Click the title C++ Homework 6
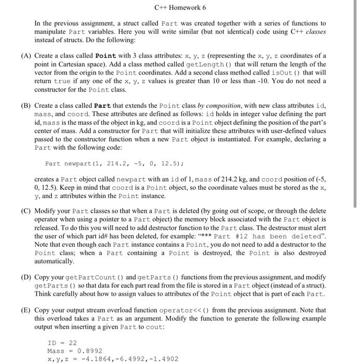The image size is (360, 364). tap(180, 8)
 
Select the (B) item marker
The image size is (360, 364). tap(25, 106)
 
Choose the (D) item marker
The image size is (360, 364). tap(25, 277)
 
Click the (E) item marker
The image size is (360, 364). tap(25, 310)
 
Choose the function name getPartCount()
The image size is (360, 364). tap(82, 277)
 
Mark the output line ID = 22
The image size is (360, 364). tap(62, 342)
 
